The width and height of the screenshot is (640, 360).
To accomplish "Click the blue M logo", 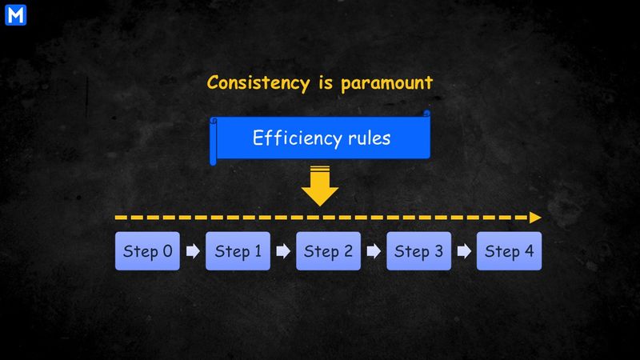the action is pos(15,15).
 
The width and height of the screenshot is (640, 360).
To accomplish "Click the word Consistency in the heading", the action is pos(258,83).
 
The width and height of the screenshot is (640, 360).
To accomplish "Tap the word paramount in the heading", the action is pos(386,83).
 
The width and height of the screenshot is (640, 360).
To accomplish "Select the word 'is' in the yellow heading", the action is pos(326,82).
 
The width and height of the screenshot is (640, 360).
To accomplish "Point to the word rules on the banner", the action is pos(370,138).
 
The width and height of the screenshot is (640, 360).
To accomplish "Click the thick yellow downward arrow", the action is pos(320,186).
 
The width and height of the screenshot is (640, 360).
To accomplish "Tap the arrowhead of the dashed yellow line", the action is pos(535,218).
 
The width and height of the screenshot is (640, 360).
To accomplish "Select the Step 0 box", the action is pos(147,251).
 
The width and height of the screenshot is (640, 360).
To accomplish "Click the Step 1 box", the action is pos(238,251).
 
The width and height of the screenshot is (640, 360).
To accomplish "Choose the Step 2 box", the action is pos(329,251).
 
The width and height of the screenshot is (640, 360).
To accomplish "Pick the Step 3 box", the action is pos(418,251).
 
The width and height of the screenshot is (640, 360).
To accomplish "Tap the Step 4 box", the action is pos(510,251).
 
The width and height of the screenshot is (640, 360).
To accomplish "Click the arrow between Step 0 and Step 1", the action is pos(193,251).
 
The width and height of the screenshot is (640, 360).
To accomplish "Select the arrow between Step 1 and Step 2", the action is pos(283,251).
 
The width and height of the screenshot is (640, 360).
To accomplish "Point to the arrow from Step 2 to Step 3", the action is pos(374,251).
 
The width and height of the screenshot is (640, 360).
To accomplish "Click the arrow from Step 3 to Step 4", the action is pos(464,251).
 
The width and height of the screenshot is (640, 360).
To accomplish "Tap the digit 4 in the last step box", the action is pos(530,250).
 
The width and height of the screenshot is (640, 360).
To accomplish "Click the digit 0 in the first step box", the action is pos(168,250).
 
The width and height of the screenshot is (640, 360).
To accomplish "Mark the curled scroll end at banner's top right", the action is pos(426,113).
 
